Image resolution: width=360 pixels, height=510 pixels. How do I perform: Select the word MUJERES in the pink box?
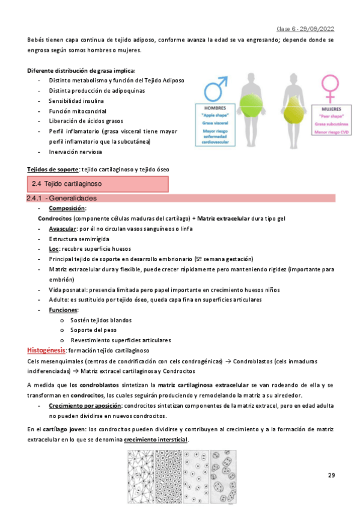pyautogui.click(x=328, y=110)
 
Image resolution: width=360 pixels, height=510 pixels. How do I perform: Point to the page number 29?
pyautogui.click(x=331, y=476)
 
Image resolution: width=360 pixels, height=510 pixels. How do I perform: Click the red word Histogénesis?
pyautogui.click(x=47, y=350)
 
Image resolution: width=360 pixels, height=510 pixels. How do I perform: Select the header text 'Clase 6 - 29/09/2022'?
pyautogui.click(x=305, y=28)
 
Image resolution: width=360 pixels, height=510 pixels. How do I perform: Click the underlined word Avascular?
pyautogui.click(x=63, y=229)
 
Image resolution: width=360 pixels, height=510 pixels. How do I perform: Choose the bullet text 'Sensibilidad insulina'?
pyautogui.click(x=76, y=100)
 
